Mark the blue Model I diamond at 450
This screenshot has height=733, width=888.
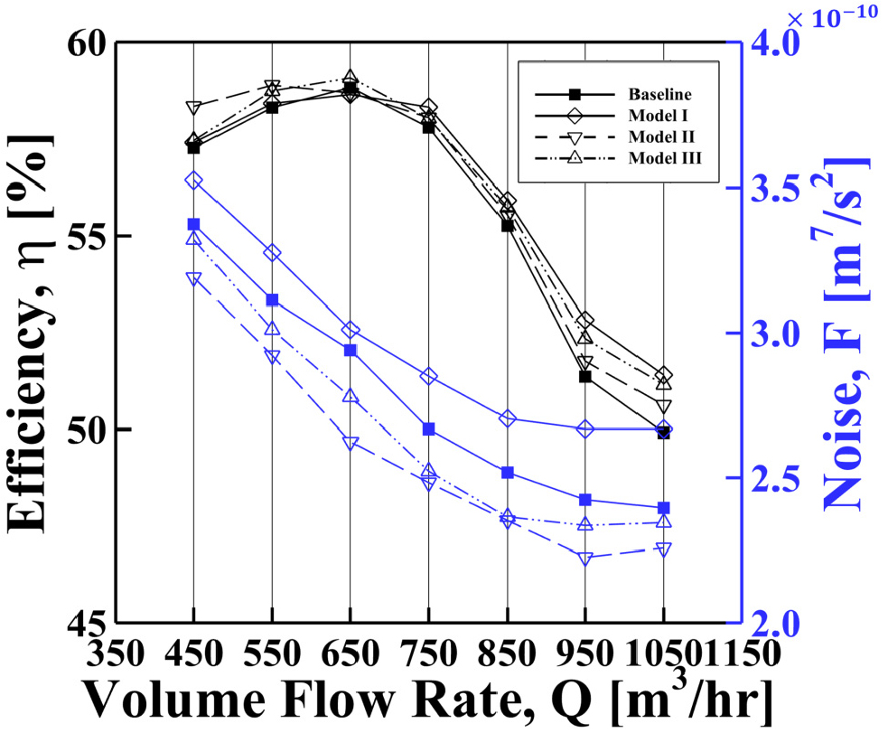193,181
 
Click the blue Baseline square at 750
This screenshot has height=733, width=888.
429,428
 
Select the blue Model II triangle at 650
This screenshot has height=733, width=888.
351,444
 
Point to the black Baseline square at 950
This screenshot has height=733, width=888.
585,376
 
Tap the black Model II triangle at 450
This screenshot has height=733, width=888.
193,108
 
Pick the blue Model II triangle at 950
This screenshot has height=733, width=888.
585,559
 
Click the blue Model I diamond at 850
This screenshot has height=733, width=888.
508,418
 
